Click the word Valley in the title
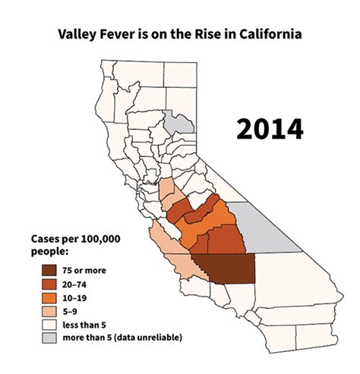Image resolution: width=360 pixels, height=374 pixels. (78, 34)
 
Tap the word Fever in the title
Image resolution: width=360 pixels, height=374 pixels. (122, 34)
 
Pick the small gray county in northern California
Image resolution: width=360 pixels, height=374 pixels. (178, 126)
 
